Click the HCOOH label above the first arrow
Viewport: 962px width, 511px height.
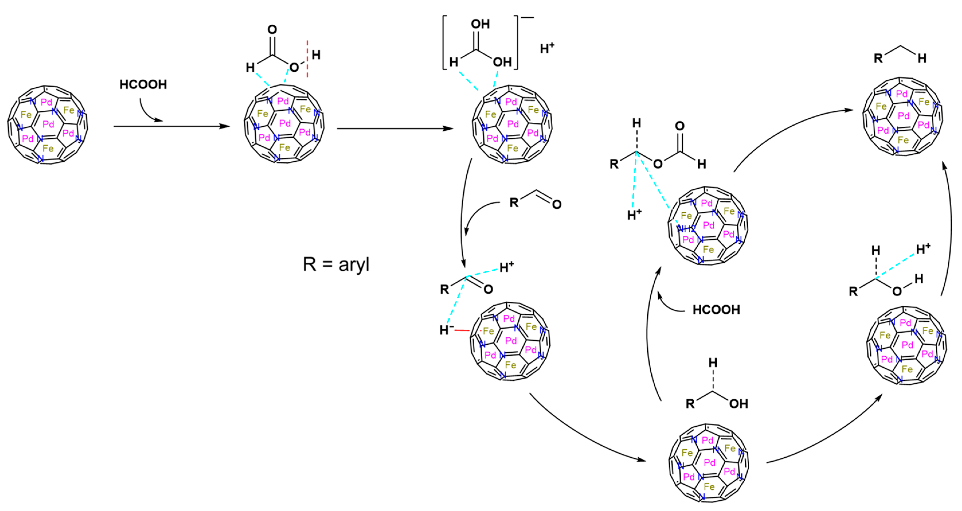click(x=143, y=85)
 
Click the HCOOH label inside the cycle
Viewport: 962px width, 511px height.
click(x=716, y=309)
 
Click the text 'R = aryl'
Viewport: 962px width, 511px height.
click(x=336, y=264)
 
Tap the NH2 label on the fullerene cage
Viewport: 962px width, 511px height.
click(x=686, y=229)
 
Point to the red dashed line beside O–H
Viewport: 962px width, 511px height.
click(x=307, y=59)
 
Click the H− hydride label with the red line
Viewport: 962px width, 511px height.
click(x=446, y=330)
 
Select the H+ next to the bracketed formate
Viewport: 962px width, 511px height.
click(x=547, y=48)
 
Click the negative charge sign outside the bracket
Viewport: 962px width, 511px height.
click(x=528, y=17)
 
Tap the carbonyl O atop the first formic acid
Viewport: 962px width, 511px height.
click(x=272, y=30)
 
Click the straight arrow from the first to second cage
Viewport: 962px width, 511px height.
click(x=172, y=126)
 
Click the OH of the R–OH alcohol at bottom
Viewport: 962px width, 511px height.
click(x=738, y=404)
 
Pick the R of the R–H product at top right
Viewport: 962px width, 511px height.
click(x=878, y=58)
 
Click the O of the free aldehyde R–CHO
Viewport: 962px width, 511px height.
click(x=557, y=204)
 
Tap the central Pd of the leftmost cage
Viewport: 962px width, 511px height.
click(x=48, y=124)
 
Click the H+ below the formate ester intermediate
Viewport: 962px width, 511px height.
click(x=634, y=214)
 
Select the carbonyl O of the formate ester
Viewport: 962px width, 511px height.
click(x=680, y=126)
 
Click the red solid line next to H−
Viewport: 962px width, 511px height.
click(x=462, y=330)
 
